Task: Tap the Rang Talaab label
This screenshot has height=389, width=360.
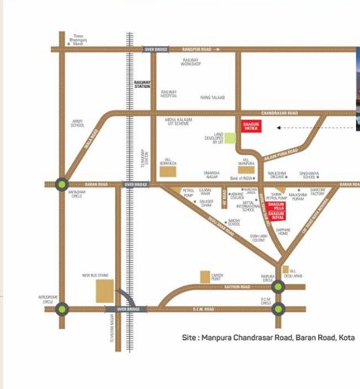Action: coord(212,96)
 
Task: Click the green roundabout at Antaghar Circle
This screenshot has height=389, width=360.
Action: coord(61,184)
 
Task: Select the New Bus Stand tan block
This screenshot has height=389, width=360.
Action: coord(104,290)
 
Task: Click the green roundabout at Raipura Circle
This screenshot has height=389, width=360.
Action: coord(278,286)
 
